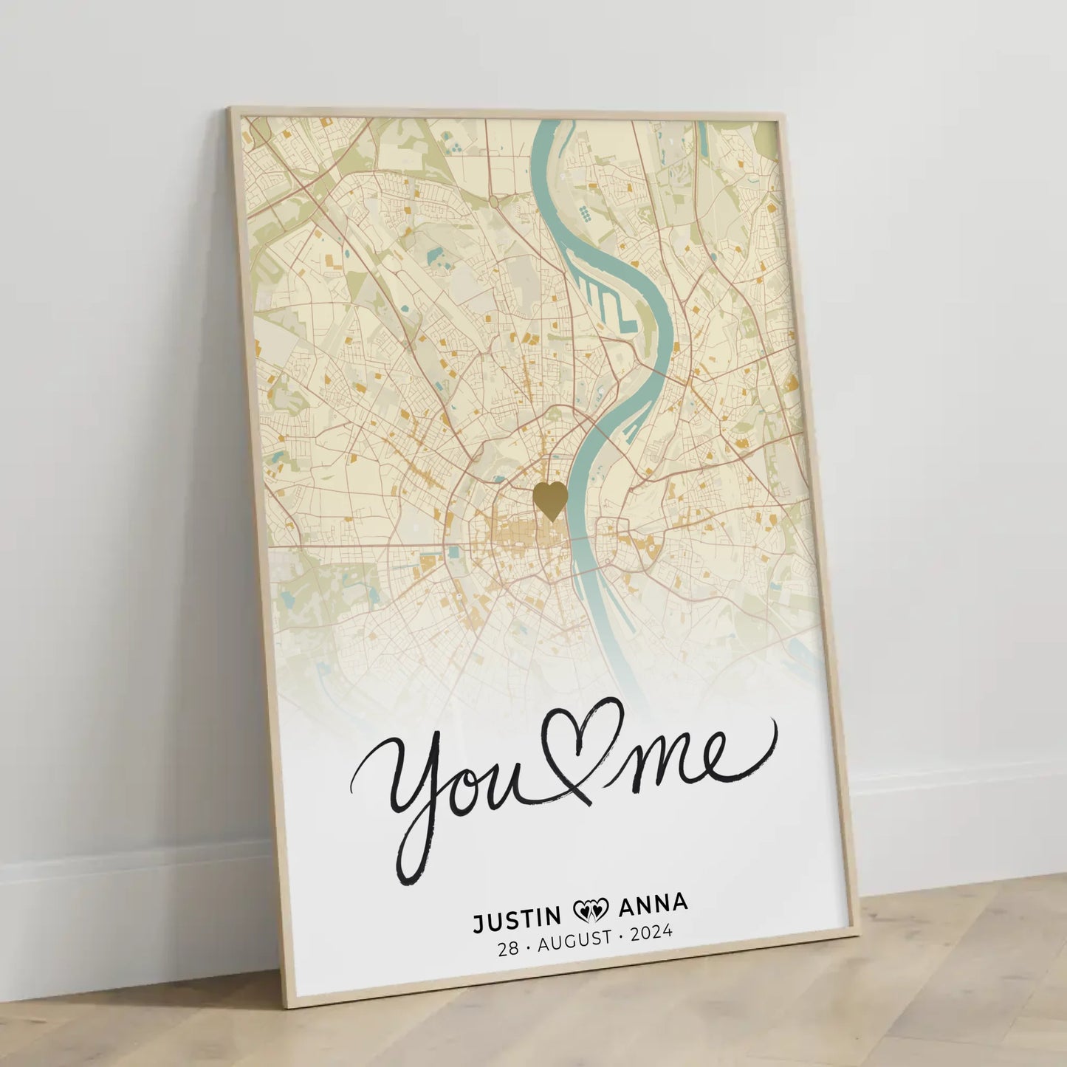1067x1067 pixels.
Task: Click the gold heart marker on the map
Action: point(550,500)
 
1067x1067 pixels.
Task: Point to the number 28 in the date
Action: point(508,949)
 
